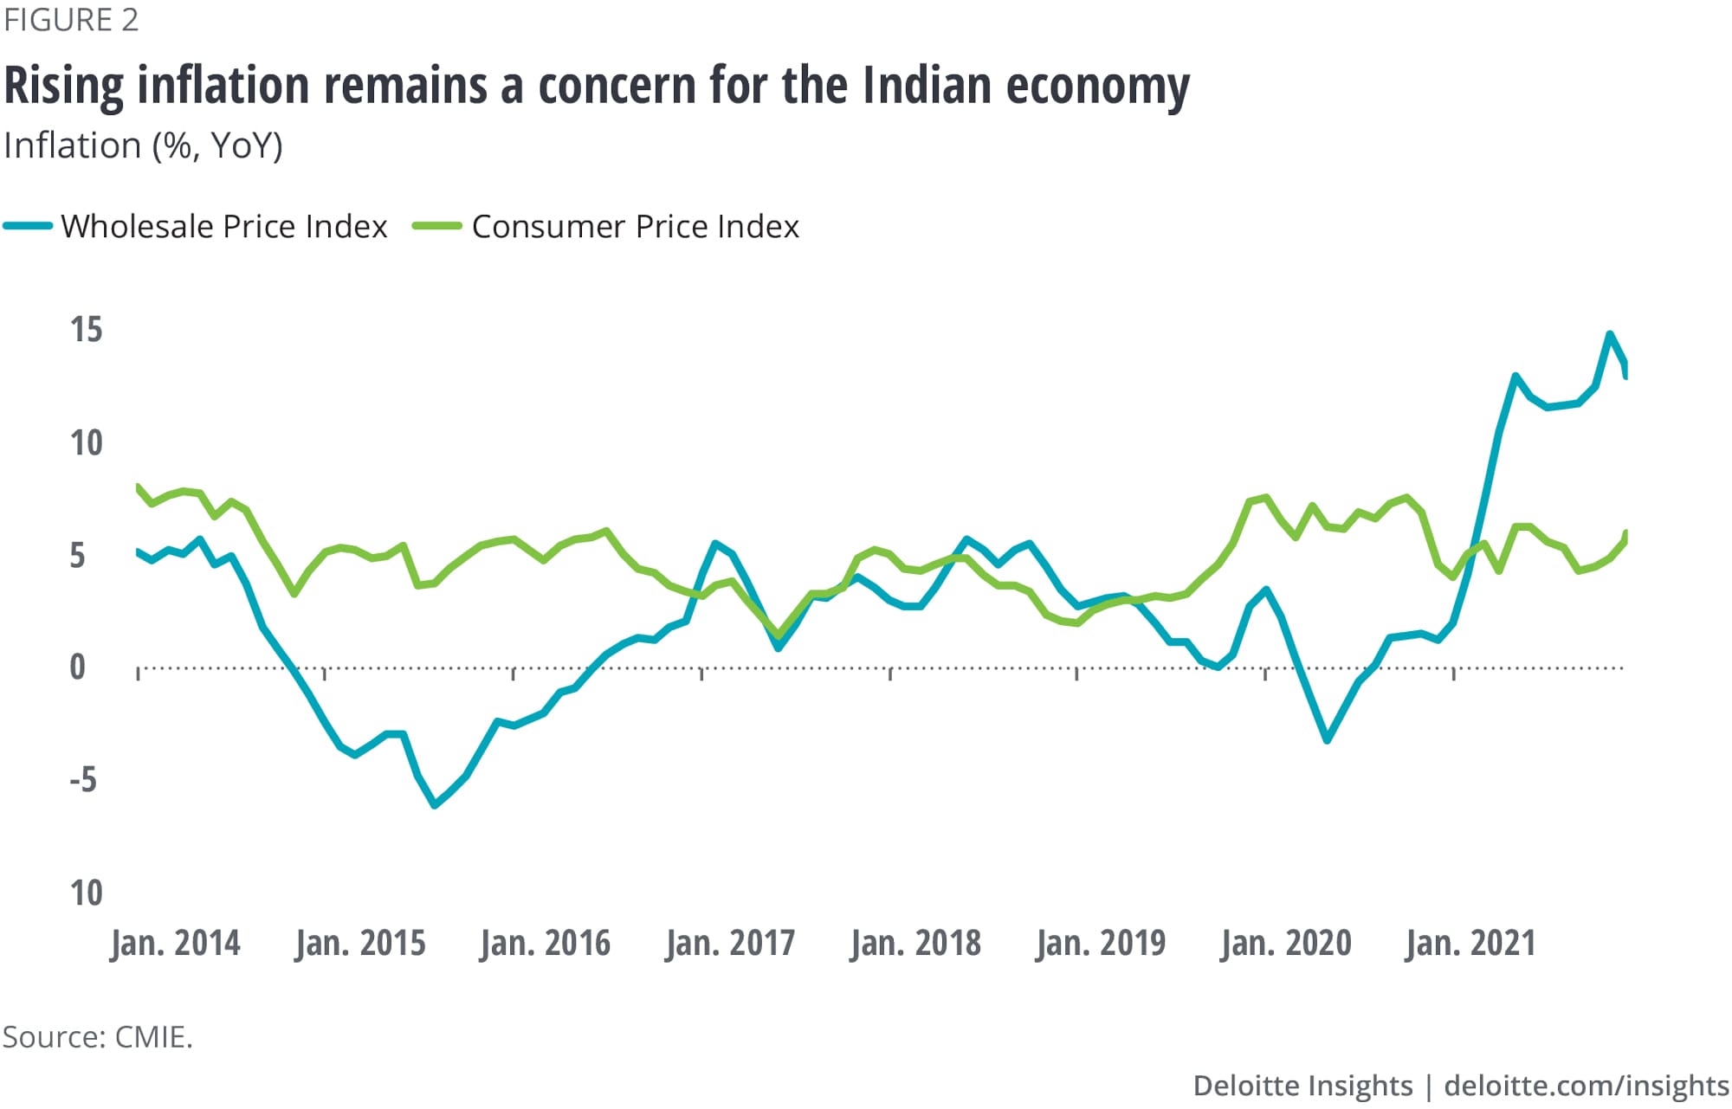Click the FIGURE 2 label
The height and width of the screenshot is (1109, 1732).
[x=71, y=20]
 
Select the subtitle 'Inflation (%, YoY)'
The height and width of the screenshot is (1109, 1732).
[x=143, y=146]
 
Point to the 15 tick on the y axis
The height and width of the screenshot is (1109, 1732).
[x=87, y=330]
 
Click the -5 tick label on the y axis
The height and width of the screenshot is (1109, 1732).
[x=83, y=780]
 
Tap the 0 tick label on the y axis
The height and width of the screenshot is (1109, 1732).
[x=78, y=667]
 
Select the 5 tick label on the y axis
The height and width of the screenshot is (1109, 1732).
[x=78, y=556]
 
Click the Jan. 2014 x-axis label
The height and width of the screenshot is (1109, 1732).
[x=175, y=943]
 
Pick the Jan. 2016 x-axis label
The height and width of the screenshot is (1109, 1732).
[x=546, y=943]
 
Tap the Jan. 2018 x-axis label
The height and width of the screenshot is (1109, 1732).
[x=916, y=943]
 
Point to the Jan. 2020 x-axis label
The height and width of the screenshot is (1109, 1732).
[x=1287, y=943]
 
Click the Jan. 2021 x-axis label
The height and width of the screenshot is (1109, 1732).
[x=1470, y=943]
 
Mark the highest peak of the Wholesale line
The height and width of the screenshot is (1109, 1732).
[x=1610, y=334]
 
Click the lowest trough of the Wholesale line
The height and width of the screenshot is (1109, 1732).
[x=435, y=805]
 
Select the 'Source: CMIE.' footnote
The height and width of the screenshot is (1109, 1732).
[x=98, y=1037]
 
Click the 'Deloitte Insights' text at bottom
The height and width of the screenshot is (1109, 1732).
[x=1302, y=1086]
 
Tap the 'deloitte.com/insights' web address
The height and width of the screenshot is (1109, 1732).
[x=1587, y=1086]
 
